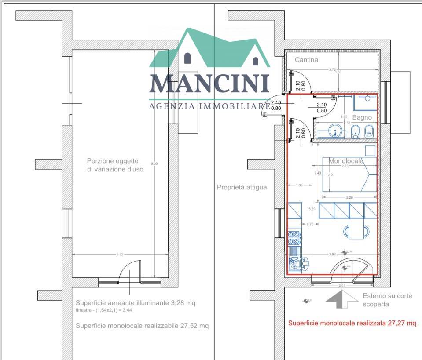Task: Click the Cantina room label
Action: pos(306,60)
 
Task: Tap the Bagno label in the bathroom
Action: pos(361,117)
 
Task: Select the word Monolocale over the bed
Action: pos(346,161)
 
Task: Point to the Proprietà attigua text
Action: pos(242,187)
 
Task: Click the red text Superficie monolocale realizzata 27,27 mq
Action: pos(352,323)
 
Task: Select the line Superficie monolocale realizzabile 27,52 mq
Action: pos(142,326)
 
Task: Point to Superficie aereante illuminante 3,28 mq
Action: pos(135,303)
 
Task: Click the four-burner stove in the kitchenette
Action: pos(293,238)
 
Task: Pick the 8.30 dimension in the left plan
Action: pos(154,164)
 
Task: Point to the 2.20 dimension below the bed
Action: pos(350,197)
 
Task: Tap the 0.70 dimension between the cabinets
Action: pos(310,224)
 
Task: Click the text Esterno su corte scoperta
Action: pos(387,300)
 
